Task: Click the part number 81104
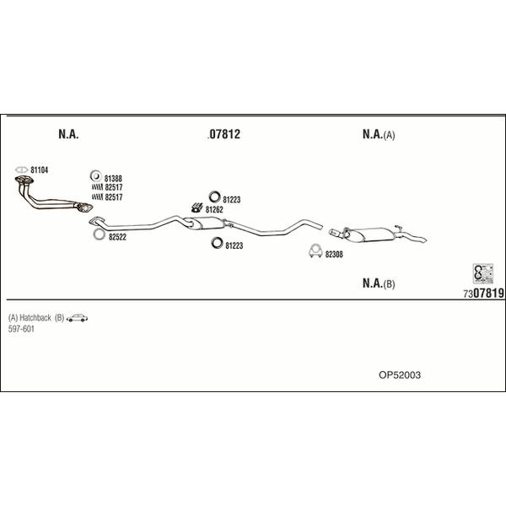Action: tap(39, 170)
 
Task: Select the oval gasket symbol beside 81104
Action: tap(22, 170)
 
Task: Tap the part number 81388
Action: tap(113, 179)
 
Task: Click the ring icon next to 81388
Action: tap(95, 176)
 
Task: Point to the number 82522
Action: tap(117, 237)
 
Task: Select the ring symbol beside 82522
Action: tap(99, 234)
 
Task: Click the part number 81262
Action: tap(214, 210)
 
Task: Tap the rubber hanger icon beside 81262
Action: tap(196, 207)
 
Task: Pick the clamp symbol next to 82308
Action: tap(315, 251)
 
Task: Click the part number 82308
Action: tap(334, 255)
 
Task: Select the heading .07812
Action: tap(223, 134)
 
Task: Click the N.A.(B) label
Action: tap(379, 283)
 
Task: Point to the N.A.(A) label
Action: tap(379, 134)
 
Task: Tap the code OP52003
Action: tap(400, 375)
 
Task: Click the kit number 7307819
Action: tap(483, 293)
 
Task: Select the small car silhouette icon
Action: tap(77, 318)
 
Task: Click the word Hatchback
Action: tap(35, 318)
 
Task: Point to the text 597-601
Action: tap(21, 329)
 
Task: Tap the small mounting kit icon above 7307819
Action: tap(483, 273)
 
